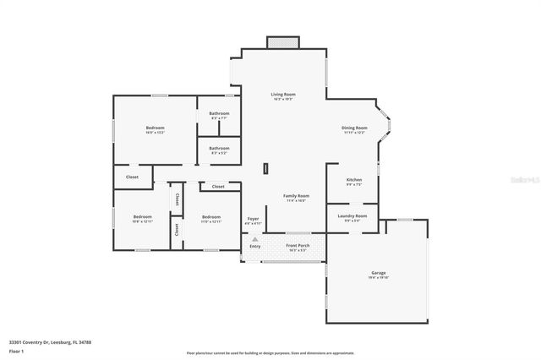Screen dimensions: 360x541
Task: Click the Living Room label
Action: (282, 94)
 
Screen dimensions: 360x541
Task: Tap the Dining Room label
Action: (354, 128)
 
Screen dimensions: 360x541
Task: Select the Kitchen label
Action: (354, 180)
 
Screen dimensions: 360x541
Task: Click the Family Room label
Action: (296, 195)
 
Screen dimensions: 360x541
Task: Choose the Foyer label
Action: (253, 219)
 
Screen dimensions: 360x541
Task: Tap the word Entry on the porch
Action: (255, 246)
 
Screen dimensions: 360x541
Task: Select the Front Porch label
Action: (298, 246)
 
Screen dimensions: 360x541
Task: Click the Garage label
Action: (378, 273)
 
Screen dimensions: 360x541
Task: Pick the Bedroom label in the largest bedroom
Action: (155, 128)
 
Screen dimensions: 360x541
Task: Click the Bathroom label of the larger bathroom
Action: (220, 113)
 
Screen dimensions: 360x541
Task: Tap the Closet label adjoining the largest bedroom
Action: (132, 177)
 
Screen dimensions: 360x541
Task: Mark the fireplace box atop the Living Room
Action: (282, 42)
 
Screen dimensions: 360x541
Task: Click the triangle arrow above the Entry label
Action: (255, 239)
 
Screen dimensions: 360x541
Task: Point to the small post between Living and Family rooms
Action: (265, 168)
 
